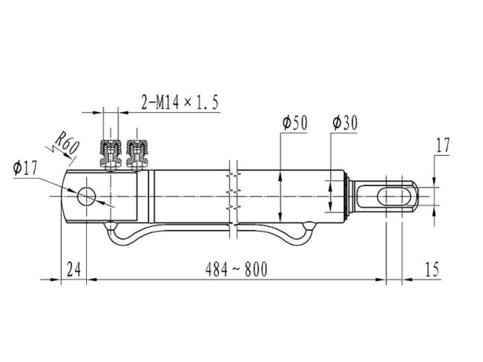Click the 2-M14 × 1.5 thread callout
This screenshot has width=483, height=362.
point(180,102)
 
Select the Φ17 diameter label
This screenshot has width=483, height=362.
point(25,168)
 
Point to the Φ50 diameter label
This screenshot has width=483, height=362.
point(295,123)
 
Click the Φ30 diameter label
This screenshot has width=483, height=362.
point(345,123)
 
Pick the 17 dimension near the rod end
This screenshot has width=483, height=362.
point(443,145)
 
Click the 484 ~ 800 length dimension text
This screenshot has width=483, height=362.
point(236,269)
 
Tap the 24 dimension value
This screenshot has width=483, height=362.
point(74,269)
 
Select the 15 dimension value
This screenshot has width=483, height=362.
point(432,269)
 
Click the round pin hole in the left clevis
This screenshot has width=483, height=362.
point(87,196)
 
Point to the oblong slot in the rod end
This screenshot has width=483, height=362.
point(394,197)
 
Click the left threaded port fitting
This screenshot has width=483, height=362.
point(111,155)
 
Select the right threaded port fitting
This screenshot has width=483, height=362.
point(137,155)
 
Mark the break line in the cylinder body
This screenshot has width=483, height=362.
point(234,200)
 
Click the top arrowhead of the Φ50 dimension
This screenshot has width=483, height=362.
point(280,177)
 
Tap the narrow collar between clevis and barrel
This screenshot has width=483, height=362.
point(151,197)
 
